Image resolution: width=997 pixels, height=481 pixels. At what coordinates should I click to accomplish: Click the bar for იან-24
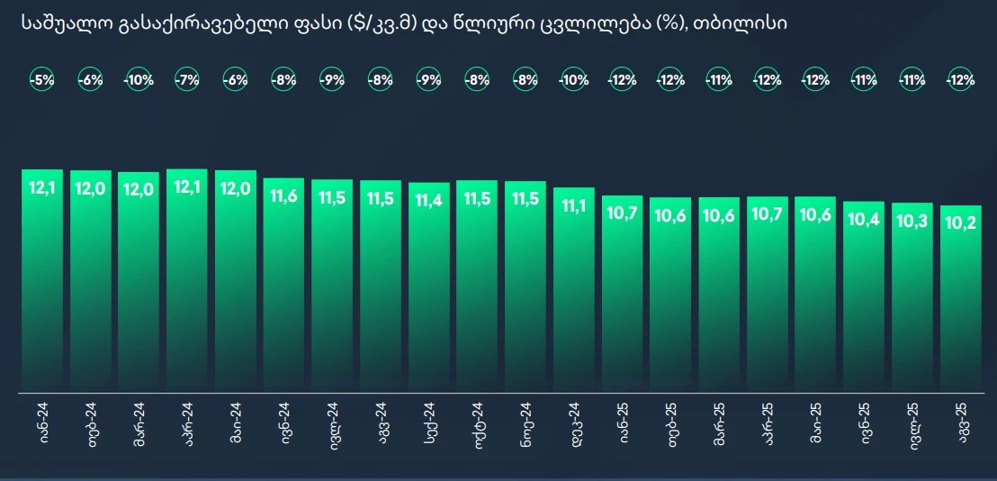pos(41,281)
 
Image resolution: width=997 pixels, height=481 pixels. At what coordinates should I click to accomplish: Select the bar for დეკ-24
pos(574,290)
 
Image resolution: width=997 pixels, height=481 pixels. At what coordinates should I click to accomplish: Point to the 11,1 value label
pos(574,206)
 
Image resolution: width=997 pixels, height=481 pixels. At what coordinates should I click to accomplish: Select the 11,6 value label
pos(283,196)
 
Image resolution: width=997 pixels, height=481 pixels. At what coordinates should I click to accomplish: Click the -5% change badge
pos(41,80)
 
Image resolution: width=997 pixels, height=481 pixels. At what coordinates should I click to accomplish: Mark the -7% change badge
pos(187,80)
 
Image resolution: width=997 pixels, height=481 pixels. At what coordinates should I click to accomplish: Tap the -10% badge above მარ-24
pos(139,80)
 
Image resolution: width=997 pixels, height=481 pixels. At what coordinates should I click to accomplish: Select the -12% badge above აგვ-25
pos(961,80)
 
